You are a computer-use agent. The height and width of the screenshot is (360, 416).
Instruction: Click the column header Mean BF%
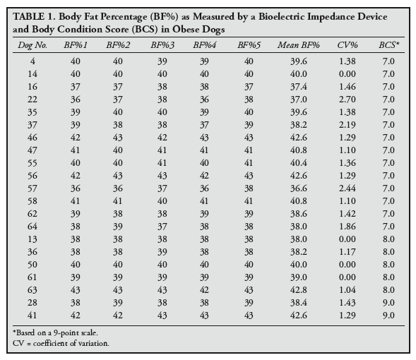click(299, 45)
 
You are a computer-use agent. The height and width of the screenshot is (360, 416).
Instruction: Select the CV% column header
click(347, 45)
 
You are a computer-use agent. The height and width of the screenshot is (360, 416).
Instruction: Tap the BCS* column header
click(388, 45)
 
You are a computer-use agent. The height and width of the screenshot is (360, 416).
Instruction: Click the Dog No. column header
click(32, 45)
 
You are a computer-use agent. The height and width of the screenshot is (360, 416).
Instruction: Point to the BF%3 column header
click(162, 45)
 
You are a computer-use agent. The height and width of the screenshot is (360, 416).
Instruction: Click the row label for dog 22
click(32, 100)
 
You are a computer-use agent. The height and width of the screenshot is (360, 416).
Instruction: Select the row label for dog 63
click(32, 289)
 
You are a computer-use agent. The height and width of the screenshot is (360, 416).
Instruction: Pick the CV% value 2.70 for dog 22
click(347, 100)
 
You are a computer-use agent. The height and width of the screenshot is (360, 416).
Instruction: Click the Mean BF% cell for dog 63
click(299, 289)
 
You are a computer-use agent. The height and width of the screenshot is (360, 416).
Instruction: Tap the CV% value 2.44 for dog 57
click(347, 188)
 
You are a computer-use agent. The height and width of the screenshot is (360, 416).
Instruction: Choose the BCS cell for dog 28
click(388, 303)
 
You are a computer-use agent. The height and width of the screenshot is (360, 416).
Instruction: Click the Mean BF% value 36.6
click(299, 188)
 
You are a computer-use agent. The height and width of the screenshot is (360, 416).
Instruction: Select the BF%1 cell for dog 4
click(76, 61)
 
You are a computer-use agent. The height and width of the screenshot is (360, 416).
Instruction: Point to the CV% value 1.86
click(347, 227)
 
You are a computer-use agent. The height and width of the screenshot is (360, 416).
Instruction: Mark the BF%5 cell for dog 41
click(249, 316)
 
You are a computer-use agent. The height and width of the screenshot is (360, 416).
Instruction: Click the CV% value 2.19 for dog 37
click(347, 125)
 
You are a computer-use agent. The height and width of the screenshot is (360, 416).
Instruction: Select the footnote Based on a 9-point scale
click(55, 332)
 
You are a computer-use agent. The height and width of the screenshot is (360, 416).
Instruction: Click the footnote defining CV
click(61, 343)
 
